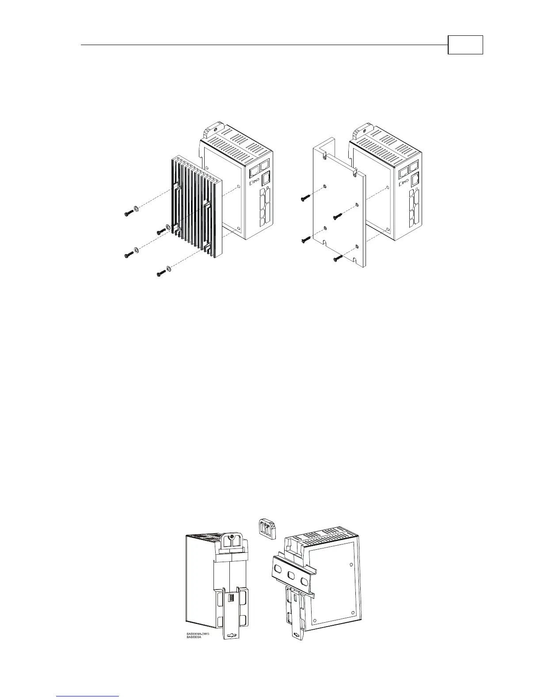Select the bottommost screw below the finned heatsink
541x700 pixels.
(x=161, y=274)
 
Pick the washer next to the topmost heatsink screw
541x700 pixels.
(x=136, y=209)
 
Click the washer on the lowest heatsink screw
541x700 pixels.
(x=169, y=269)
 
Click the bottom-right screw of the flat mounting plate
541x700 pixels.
(x=338, y=258)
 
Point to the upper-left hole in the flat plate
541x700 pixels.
(x=325, y=186)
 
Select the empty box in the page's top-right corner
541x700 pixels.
(x=465, y=45)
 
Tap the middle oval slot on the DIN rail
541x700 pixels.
(x=291, y=576)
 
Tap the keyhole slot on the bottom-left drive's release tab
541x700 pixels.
(x=231, y=635)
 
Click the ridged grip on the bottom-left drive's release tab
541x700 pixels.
(x=230, y=598)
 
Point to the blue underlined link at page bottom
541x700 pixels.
(x=88, y=696)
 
